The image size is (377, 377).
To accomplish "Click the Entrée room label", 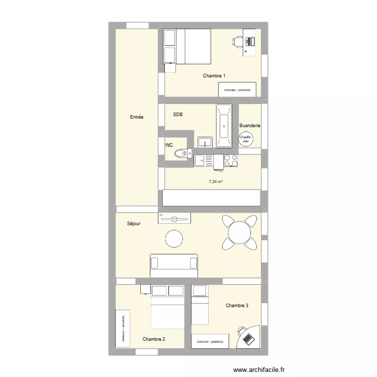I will (x=137, y=117).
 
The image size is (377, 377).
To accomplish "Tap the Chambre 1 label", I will (x=214, y=76).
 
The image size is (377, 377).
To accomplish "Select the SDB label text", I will (x=178, y=115).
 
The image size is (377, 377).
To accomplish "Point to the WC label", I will (x=169, y=145).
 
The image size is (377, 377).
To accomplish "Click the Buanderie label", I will (x=250, y=126).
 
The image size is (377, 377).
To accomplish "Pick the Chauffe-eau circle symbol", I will (x=246, y=139).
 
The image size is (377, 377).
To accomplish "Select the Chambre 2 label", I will (x=154, y=339).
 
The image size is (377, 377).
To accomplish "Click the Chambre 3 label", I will (x=237, y=305).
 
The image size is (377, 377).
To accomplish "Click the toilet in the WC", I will (x=180, y=153).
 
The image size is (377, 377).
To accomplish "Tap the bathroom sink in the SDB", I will (x=205, y=142).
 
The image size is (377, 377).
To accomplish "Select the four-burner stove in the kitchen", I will (x=231, y=161).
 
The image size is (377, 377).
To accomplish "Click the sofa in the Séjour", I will (x=174, y=265).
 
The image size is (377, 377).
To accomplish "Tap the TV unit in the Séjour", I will (x=174, y=217).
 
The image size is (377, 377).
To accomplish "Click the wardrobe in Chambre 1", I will (x=237, y=89).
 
